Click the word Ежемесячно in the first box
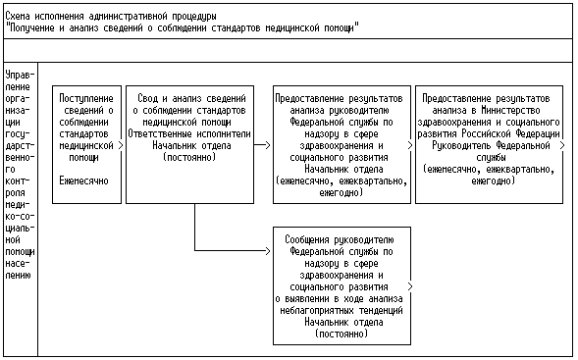tap(83, 180)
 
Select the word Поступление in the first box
tap(86, 98)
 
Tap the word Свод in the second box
tap(148, 98)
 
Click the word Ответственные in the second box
tap(160, 133)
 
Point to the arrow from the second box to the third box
tap(262, 145)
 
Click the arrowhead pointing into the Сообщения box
tap(268, 251)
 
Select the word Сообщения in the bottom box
tap(307, 240)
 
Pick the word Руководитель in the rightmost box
tap(461, 145)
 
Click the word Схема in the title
tap(18, 17)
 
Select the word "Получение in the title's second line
tap(30, 28)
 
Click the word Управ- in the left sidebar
tap(20, 75)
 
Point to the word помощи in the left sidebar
tap(20, 252)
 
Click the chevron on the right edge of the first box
tap(121, 145)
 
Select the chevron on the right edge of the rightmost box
tap(562, 145)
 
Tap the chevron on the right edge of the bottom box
tap(410, 286)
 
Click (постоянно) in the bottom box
tap(342, 334)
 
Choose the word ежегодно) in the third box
tap(341, 192)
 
